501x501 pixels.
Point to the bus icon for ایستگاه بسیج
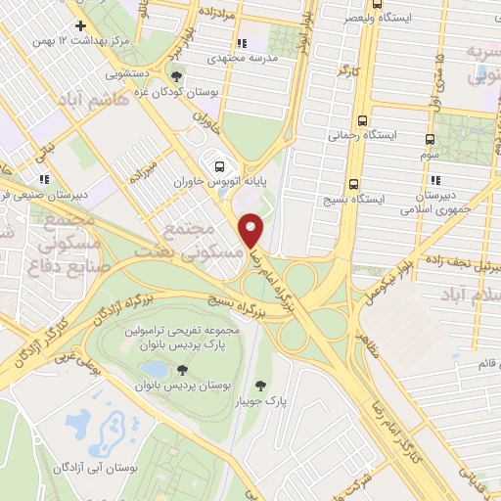point(353,183)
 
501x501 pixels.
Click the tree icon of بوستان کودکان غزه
point(176,75)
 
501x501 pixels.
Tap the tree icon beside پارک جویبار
point(259,385)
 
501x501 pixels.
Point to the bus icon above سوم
point(431,139)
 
